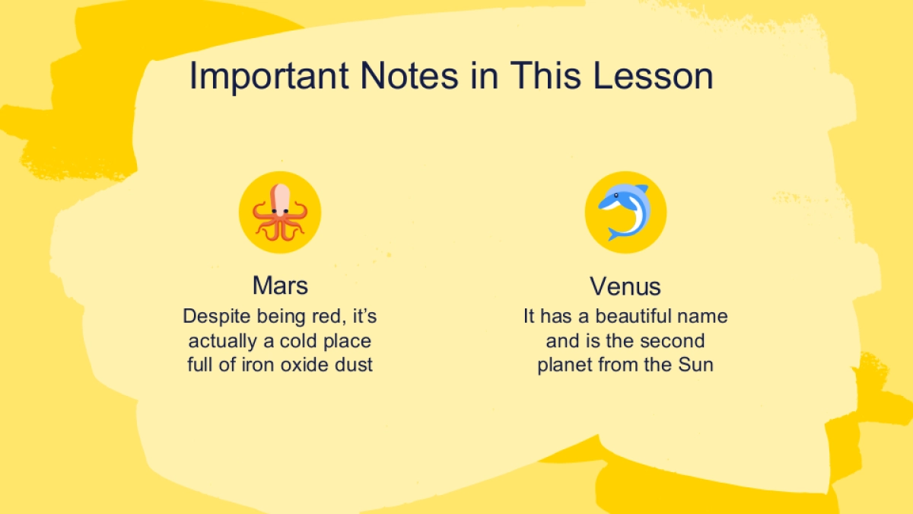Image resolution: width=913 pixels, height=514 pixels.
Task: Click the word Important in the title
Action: (x=269, y=76)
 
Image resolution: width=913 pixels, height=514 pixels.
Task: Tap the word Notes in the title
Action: (x=409, y=75)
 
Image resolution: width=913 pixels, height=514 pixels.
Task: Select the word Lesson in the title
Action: (x=653, y=75)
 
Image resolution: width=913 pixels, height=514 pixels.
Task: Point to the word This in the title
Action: (x=546, y=75)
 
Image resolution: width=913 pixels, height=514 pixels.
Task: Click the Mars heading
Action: (x=280, y=285)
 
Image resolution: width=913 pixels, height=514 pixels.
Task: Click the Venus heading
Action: (x=625, y=286)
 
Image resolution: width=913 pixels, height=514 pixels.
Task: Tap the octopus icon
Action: (x=280, y=212)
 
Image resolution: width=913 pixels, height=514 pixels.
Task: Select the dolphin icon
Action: (x=625, y=212)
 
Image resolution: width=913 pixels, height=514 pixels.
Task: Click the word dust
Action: (x=353, y=365)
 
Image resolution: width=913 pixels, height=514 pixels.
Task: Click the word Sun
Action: (x=695, y=365)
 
